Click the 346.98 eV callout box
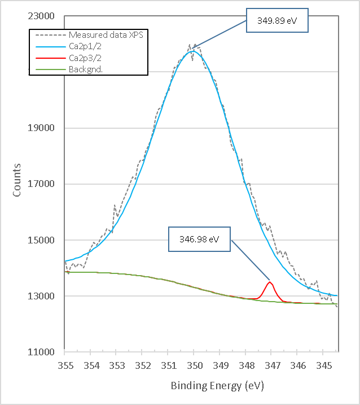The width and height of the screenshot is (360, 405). (x=201, y=239)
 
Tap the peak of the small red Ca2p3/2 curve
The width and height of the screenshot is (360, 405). (x=270, y=282)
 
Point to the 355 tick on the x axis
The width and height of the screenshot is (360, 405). (x=65, y=365)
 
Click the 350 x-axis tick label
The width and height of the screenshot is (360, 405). (x=194, y=365)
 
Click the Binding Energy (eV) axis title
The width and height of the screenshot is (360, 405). (x=217, y=386)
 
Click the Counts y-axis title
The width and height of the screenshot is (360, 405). (x=17, y=180)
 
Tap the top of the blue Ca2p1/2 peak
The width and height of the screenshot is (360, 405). (x=193, y=51)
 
